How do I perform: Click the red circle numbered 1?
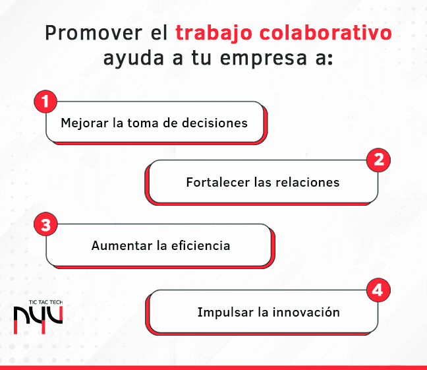click(45, 102)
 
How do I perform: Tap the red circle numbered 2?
click(378, 160)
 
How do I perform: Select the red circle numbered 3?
click(45, 224)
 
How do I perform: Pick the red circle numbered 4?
click(378, 290)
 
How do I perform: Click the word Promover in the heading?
click(94, 33)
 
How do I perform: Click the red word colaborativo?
click(326, 32)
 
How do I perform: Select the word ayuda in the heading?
click(133, 58)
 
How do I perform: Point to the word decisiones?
click(215, 123)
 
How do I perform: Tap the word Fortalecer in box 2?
click(218, 182)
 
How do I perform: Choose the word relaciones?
click(308, 182)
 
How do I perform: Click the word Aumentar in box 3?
click(122, 245)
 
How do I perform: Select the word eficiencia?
click(201, 245)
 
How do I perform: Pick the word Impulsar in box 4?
click(225, 313)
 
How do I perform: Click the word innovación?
click(306, 312)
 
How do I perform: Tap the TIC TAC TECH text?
click(45, 302)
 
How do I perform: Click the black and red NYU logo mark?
click(38, 320)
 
